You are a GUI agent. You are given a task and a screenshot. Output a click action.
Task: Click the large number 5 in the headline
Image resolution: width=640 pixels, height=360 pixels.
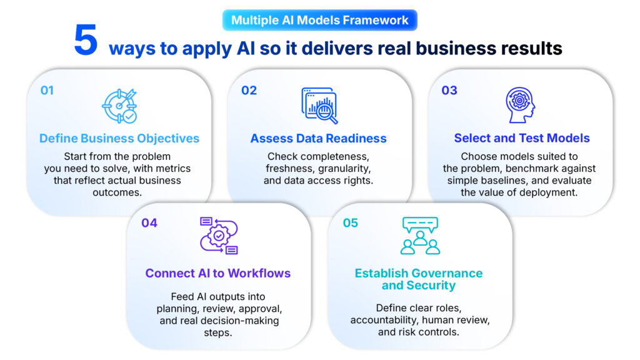click(86, 39)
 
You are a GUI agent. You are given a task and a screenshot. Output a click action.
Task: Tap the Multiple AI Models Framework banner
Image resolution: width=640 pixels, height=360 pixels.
click(319, 20)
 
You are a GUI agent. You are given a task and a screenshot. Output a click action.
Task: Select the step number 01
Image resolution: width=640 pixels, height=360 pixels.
click(47, 90)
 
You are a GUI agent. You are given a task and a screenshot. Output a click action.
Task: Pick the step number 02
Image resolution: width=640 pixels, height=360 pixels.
click(249, 90)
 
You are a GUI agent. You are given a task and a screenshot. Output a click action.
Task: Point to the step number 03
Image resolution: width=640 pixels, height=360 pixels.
click(449, 90)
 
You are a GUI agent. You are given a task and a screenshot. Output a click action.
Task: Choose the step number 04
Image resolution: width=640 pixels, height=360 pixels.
click(149, 223)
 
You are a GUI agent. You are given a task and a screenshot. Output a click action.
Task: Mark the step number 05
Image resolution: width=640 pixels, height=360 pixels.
click(350, 223)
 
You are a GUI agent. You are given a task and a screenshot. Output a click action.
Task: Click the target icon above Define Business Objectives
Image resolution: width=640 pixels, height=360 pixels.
click(119, 106)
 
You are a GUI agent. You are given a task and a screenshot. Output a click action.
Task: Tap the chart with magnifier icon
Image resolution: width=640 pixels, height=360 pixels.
click(319, 106)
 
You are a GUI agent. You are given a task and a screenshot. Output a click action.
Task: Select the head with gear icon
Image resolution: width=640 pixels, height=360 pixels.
click(520, 105)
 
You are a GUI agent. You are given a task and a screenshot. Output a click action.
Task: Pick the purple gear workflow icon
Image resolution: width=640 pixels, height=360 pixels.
click(219, 236)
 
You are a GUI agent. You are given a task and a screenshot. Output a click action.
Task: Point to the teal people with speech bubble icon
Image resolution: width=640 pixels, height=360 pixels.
click(420, 236)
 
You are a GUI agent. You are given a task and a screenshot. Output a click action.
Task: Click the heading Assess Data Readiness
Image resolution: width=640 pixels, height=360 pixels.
click(318, 138)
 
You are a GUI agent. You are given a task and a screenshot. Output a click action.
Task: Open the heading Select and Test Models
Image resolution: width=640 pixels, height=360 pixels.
click(522, 138)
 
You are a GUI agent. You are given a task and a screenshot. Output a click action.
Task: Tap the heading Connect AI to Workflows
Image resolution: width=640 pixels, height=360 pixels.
click(218, 273)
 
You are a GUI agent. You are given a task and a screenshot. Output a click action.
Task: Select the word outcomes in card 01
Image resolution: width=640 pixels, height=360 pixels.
click(117, 192)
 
